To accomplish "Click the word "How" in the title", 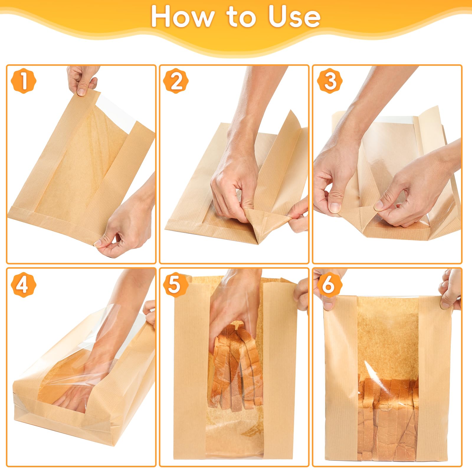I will [x=182, y=17].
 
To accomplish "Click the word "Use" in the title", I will [x=294, y=17].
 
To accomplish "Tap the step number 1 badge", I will [x=23, y=81].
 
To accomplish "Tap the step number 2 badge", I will [x=176, y=81].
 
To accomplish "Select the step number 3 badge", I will [x=330, y=81].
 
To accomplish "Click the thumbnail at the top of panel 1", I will [x=81, y=92].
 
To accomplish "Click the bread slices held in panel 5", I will [x=236, y=369].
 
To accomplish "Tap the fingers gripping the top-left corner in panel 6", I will [x=326, y=295].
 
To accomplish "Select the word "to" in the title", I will [x=241, y=17].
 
